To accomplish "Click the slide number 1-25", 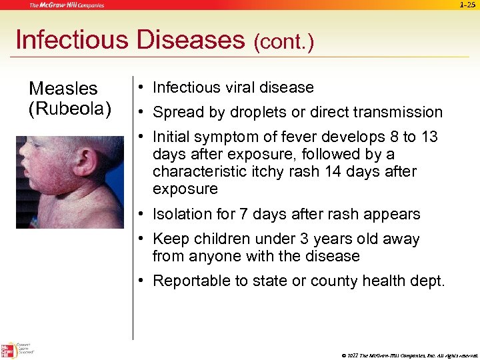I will [467, 5].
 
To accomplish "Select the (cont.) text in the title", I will [283, 43].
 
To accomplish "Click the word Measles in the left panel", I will [63, 89].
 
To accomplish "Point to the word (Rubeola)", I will [69, 107].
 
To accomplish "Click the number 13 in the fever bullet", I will [429, 137].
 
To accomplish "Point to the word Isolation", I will [183, 214].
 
